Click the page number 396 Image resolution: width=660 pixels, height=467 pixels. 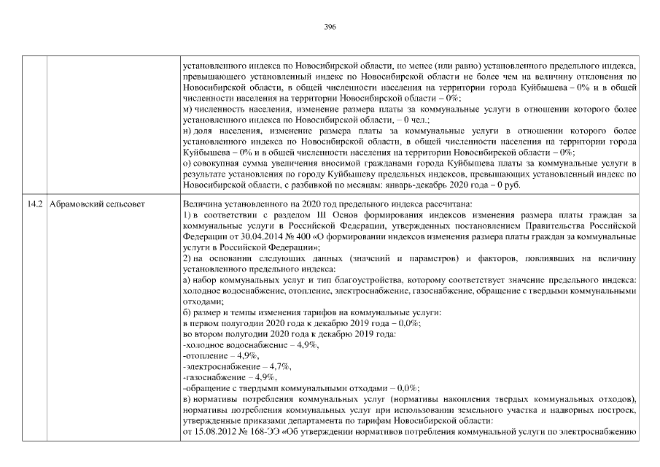tap(330, 26)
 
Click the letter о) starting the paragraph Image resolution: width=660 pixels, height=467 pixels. tap(187, 163)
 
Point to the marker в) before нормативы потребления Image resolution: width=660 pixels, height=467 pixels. tap(187, 400)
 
